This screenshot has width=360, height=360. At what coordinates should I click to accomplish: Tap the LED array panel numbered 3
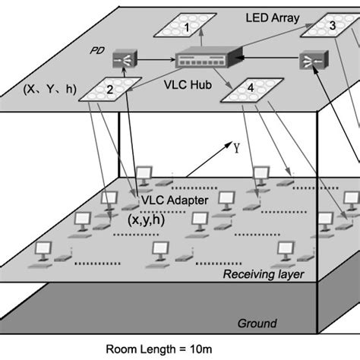[330, 25]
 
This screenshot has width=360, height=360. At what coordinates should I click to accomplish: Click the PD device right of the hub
[308, 60]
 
